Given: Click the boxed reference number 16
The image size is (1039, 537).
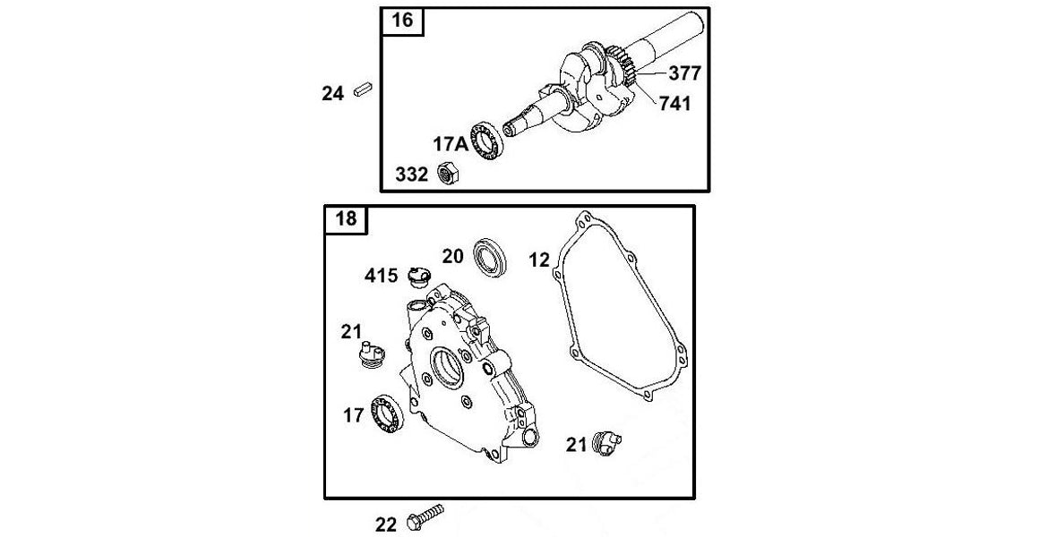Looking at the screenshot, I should pos(403,21).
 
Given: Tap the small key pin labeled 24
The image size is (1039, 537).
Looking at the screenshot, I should pos(362,89).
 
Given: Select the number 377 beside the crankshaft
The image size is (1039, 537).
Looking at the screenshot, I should pos(684,73).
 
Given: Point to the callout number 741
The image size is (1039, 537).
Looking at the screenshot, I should pos(674,104).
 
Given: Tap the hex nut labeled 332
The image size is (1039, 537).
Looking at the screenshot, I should pos(448,174).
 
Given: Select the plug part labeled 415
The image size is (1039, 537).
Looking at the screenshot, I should pos(416,277).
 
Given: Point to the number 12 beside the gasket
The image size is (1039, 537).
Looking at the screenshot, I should pos(538,260).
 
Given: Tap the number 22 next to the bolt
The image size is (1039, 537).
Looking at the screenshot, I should pos(386,524).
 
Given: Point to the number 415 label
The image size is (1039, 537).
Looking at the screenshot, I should pos(381,275).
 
